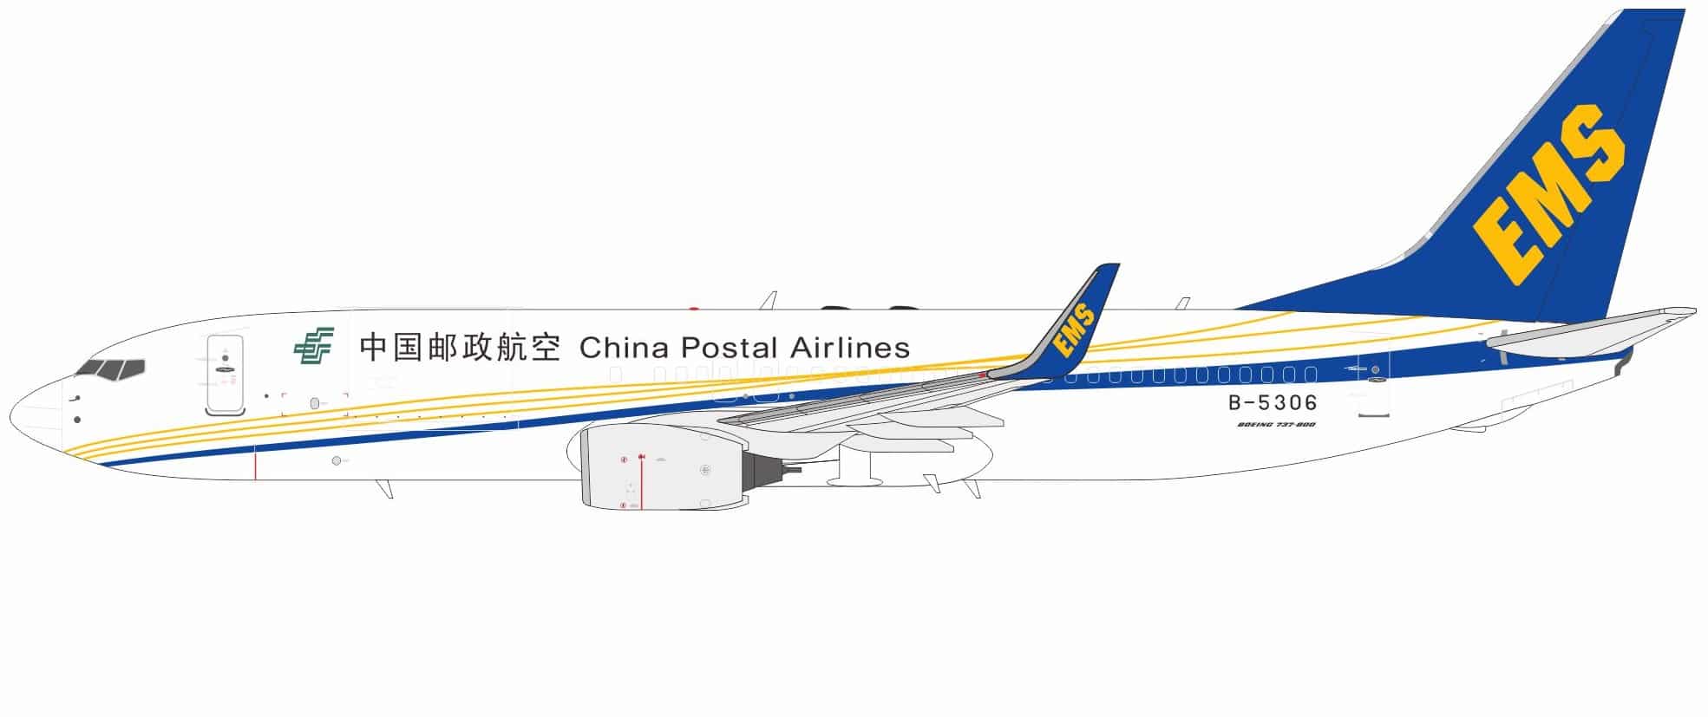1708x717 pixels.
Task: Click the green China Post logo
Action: (x=313, y=346)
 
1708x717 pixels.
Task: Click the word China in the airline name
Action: (x=624, y=348)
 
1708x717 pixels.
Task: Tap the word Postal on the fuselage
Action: (x=729, y=348)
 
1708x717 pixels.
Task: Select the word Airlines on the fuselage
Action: (x=850, y=348)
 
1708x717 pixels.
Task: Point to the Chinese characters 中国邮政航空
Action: (x=460, y=347)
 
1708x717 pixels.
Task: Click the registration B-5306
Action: (x=1273, y=402)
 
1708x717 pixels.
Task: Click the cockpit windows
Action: (x=111, y=370)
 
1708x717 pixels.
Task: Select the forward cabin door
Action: (x=225, y=374)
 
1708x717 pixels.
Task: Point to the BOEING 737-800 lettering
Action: (x=1276, y=425)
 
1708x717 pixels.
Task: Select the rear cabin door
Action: (x=1373, y=381)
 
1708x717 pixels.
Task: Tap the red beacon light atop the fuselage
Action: (x=693, y=308)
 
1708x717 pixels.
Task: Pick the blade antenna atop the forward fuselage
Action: (x=768, y=300)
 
